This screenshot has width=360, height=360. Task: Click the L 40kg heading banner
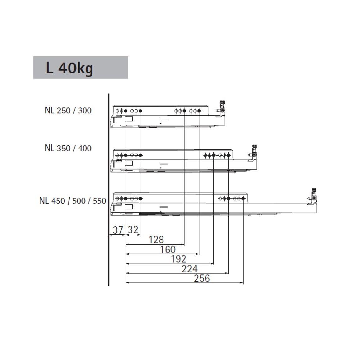[x=81, y=68]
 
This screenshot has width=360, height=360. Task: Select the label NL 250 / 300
[x=68, y=111]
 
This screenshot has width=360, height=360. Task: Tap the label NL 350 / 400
[x=68, y=148]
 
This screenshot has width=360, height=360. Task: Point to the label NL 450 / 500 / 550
[x=73, y=201]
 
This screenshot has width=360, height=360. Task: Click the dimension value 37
[x=118, y=230]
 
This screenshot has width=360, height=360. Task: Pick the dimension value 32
[x=133, y=230]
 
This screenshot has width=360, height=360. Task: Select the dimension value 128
[x=156, y=239]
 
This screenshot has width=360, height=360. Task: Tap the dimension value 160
[x=168, y=249]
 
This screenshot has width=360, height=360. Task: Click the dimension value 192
[x=179, y=259]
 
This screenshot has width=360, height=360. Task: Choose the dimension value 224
[x=190, y=269]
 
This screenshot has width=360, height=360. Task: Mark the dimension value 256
[x=202, y=278]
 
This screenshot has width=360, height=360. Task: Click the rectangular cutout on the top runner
[x=129, y=119]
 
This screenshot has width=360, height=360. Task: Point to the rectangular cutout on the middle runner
[x=129, y=163]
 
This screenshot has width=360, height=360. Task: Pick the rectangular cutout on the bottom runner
[x=129, y=207]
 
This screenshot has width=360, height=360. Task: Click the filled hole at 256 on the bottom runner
[x=243, y=199]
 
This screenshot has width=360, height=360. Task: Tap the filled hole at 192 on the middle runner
[x=214, y=155]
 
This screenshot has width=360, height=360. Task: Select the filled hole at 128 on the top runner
[x=184, y=111]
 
